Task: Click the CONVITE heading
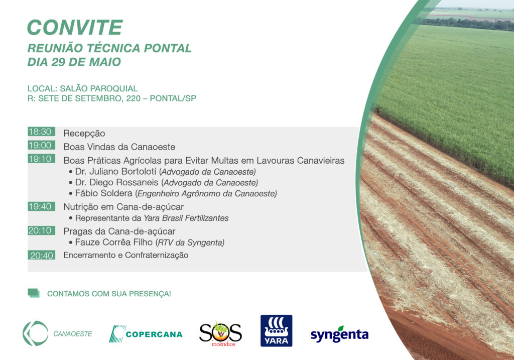point(75,27)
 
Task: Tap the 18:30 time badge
point(41,132)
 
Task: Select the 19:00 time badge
point(41,145)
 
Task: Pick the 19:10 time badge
point(41,159)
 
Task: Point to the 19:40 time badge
point(41,206)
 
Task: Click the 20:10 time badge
point(41,230)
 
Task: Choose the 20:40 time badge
point(41,255)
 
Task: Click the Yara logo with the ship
point(277,330)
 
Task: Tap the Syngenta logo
point(340,334)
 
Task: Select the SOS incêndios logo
point(221,333)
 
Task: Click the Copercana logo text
point(154,334)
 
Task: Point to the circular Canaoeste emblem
point(36,333)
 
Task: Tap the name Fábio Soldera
point(103,193)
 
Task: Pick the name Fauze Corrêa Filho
point(114,243)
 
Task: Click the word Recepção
point(84,134)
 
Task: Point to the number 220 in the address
point(134,98)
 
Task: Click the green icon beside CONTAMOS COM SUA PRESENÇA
point(34,293)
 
